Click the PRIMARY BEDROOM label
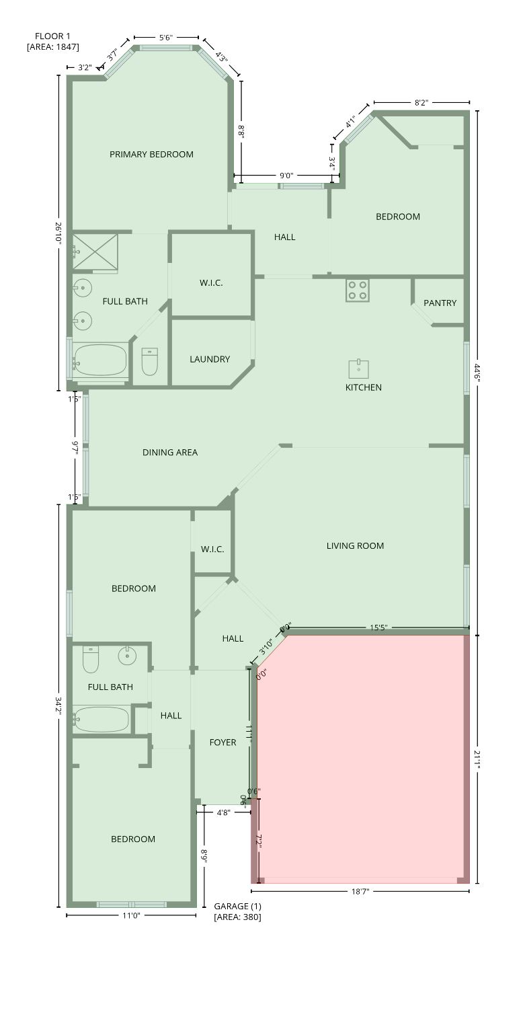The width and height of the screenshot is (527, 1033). (x=151, y=155)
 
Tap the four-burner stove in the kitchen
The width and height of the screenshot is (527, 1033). (x=357, y=291)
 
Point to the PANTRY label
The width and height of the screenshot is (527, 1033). (x=440, y=303)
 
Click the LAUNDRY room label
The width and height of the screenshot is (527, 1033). (x=210, y=360)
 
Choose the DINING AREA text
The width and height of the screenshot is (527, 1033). (x=170, y=453)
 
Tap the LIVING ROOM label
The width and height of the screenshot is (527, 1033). (x=355, y=546)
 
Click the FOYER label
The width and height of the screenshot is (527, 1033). (x=222, y=742)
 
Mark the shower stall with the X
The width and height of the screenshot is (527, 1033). (x=95, y=252)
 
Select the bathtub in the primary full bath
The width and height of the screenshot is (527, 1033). (x=100, y=360)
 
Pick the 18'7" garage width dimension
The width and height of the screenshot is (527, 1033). (x=360, y=892)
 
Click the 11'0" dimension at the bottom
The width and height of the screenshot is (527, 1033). (x=132, y=915)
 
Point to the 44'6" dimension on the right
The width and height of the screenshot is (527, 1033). (x=477, y=372)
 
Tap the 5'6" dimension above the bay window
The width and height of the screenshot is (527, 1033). (x=166, y=38)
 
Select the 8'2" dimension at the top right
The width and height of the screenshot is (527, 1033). (x=421, y=103)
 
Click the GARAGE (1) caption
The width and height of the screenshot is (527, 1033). (x=237, y=907)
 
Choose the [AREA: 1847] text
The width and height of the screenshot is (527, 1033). (x=53, y=47)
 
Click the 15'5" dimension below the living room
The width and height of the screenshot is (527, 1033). (x=378, y=628)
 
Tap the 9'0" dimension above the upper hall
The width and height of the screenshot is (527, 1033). (x=286, y=176)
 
